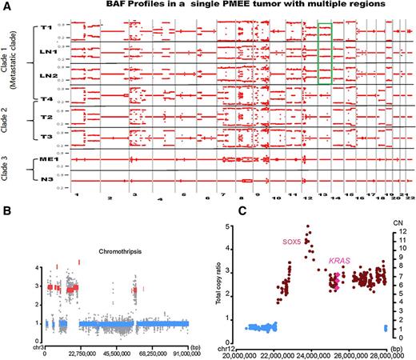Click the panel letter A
point(6,6)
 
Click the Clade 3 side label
point(25,169)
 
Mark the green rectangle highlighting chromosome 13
point(324,53)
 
